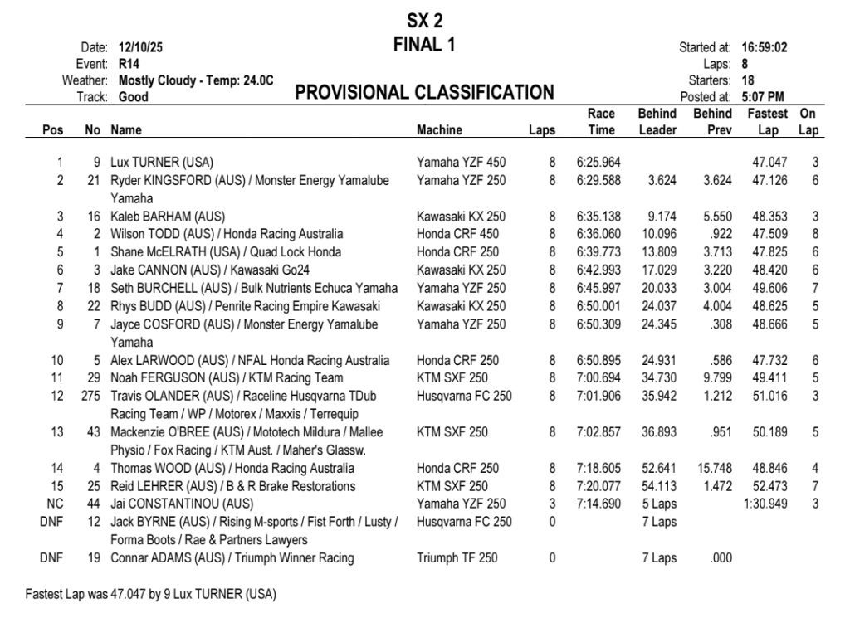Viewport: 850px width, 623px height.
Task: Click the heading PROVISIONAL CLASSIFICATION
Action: click(424, 92)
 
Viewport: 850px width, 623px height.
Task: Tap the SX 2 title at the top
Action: click(424, 21)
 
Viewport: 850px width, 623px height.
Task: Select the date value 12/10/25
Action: click(141, 47)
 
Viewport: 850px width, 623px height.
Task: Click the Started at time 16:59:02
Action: click(764, 47)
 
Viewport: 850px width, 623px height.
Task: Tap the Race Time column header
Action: click(600, 122)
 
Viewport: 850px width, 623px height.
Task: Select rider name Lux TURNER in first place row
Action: click(162, 162)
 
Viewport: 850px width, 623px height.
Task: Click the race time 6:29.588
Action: click(598, 180)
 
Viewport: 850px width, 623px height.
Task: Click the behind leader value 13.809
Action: click(657, 252)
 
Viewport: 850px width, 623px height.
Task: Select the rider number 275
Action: click(91, 397)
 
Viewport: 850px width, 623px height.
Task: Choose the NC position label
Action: click(56, 504)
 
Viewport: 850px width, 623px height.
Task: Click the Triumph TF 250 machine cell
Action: click(457, 558)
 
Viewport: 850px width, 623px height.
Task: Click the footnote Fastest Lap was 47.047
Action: click(150, 595)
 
